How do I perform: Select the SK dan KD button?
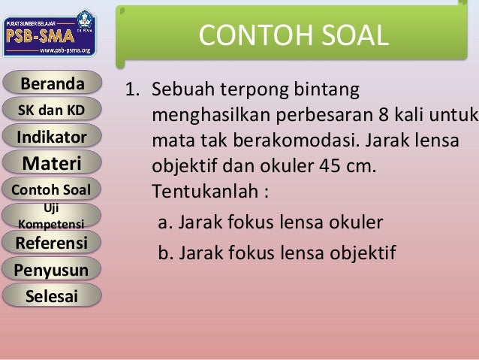click(x=51, y=110)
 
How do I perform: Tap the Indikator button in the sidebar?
click(x=51, y=137)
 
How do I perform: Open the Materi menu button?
click(x=51, y=162)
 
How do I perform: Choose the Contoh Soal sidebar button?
click(x=51, y=189)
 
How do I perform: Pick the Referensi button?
click(x=51, y=243)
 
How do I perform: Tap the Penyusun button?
click(x=51, y=269)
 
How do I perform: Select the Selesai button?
click(x=51, y=295)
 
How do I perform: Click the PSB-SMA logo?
click(x=50, y=34)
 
